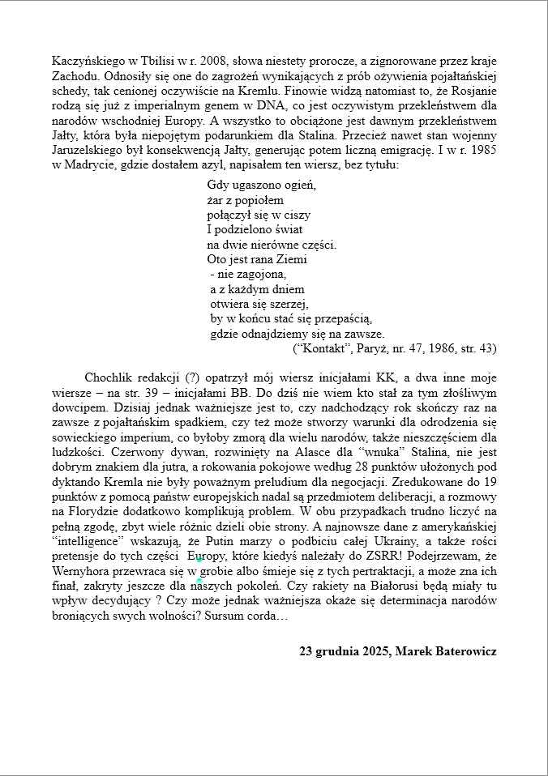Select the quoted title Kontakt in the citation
[x=325, y=348]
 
